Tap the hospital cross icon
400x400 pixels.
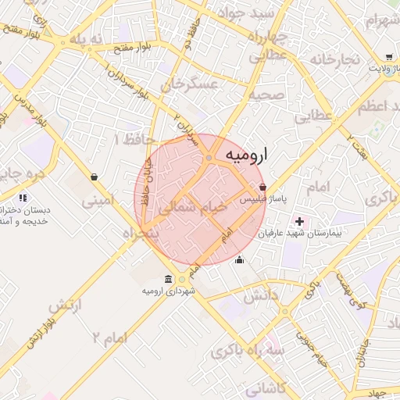point(298,222)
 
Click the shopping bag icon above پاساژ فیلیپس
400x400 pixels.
point(262,187)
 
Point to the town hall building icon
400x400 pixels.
point(169,280)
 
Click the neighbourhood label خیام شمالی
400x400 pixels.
point(193,209)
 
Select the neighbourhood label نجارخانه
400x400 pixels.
point(334,59)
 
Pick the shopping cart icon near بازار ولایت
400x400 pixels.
point(389,57)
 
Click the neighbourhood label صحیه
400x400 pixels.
point(266,95)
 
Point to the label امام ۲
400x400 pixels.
point(108,337)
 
